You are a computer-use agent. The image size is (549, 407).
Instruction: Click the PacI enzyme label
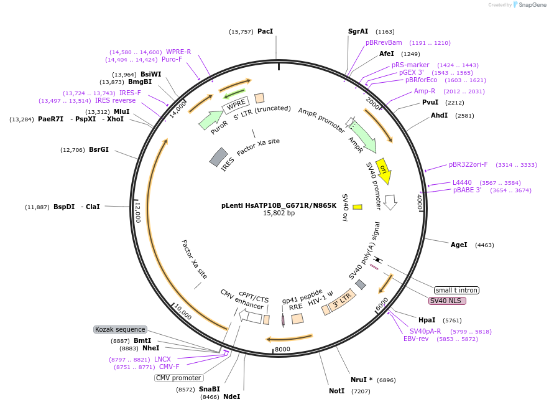[x=265, y=31]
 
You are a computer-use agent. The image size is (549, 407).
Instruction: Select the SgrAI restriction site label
[x=358, y=31]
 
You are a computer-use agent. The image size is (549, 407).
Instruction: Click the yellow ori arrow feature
[x=384, y=171]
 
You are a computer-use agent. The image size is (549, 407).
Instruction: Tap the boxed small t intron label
[x=456, y=290]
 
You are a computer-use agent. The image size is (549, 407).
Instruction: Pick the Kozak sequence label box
[x=121, y=329]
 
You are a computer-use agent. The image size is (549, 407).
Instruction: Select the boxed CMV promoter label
[x=179, y=378]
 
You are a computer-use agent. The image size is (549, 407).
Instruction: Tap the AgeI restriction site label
[x=459, y=245]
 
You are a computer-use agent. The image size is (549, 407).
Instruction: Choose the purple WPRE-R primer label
[x=178, y=52]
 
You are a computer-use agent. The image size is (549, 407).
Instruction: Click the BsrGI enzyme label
[x=99, y=149]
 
